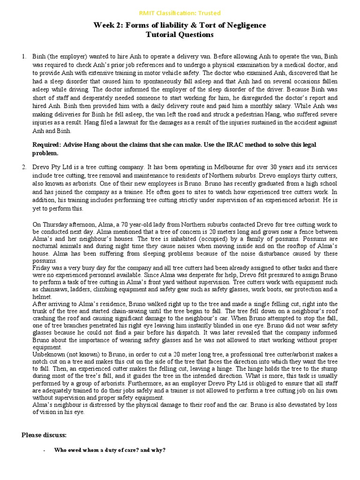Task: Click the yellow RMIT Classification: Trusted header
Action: click(x=180, y=13)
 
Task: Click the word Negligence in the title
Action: click(x=243, y=25)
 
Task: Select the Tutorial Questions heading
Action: click(x=180, y=35)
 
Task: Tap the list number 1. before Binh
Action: click(x=24, y=56)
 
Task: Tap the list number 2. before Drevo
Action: click(x=24, y=167)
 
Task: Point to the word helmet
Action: click(x=42, y=297)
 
